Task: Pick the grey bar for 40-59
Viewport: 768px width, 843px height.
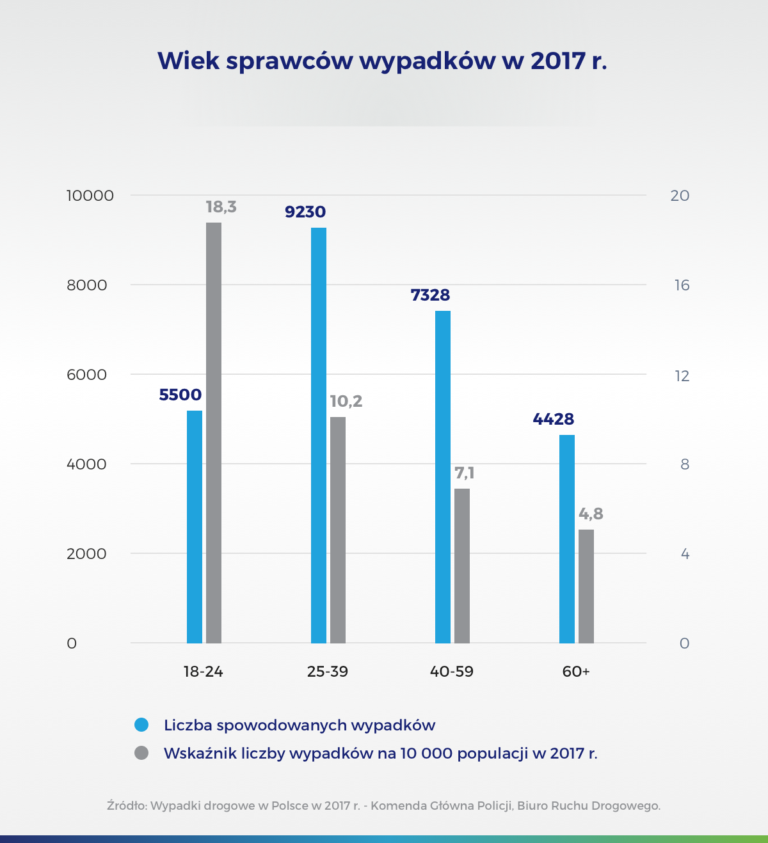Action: (x=462, y=565)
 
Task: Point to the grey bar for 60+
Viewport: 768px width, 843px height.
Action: (x=586, y=586)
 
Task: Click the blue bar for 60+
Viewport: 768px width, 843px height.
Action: (x=567, y=539)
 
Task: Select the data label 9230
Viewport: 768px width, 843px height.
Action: (x=305, y=212)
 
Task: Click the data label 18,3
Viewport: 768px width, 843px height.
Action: (x=221, y=207)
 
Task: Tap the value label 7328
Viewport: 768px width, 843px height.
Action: (x=430, y=295)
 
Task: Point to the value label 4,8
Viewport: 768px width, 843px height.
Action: (x=591, y=514)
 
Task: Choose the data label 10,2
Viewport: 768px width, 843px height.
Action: (x=346, y=401)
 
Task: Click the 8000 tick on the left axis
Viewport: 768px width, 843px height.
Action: (x=87, y=285)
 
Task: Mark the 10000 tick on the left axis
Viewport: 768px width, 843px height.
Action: (x=90, y=196)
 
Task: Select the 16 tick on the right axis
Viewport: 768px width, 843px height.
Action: (x=682, y=285)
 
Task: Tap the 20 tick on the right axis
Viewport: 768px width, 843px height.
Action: (x=680, y=196)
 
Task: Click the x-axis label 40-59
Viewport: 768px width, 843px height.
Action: (x=452, y=672)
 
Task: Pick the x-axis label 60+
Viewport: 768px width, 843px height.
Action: (x=576, y=672)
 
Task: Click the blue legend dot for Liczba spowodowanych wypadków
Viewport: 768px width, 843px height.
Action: (x=141, y=725)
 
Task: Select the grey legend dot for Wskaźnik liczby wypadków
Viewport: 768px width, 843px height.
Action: (x=141, y=753)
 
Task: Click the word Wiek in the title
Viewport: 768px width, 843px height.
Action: (x=188, y=61)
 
